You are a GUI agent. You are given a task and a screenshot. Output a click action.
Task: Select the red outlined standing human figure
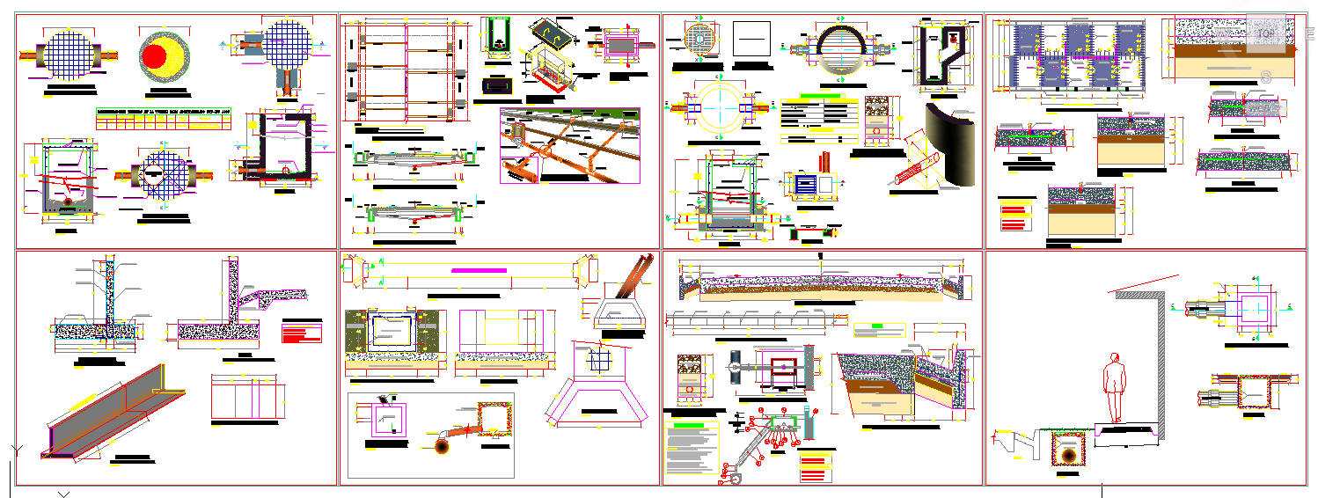point(1116,387)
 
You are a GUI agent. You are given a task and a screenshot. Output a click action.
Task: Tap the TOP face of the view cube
point(1265,33)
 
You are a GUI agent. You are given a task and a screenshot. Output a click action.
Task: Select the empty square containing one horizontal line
point(752,40)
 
